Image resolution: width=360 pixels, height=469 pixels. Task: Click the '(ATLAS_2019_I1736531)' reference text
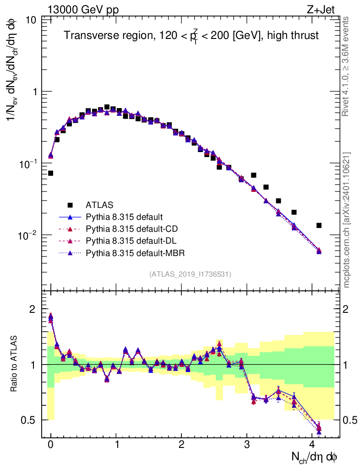[x=190, y=274]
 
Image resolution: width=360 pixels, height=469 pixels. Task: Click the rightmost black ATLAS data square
[x=319, y=225]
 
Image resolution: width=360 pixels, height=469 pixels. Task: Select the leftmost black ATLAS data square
[x=50, y=173]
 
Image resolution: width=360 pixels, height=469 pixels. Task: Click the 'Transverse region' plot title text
[x=191, y=36]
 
